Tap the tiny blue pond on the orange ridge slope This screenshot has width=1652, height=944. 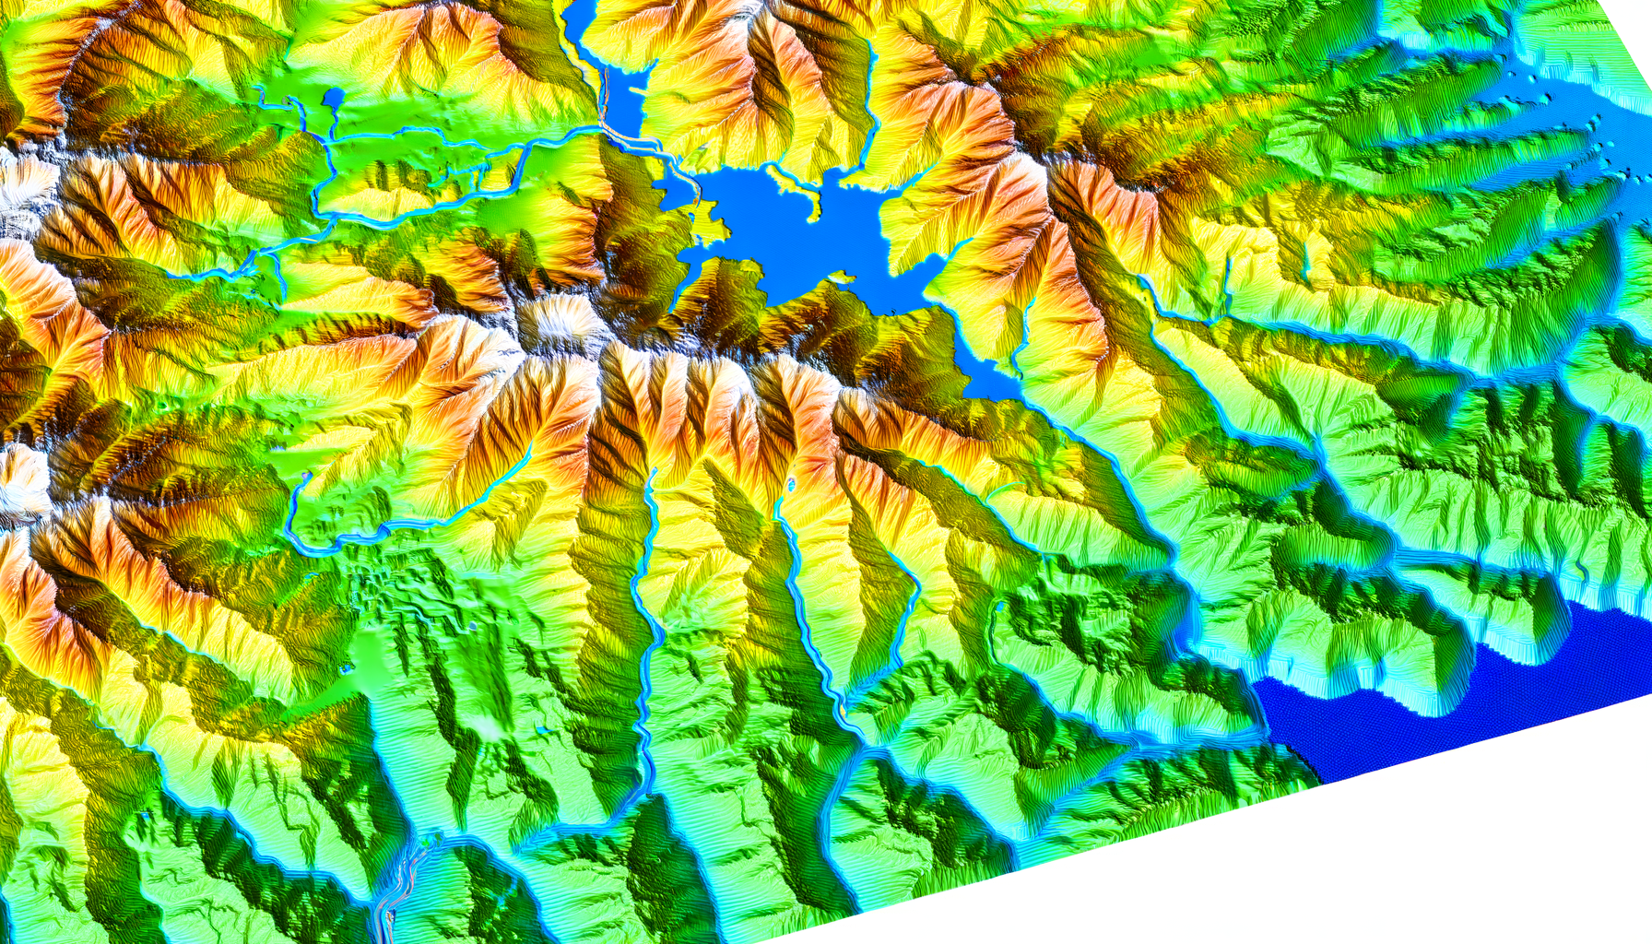(x=790, y=483)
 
